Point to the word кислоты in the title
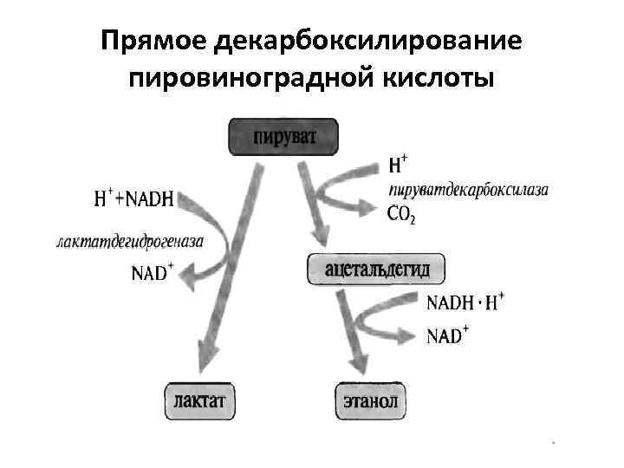[440, 78]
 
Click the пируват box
[283, 138]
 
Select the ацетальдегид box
[376, 269]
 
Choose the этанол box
[369, 401]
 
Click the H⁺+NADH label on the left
[133, 198]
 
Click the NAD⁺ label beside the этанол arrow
[448, 334]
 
